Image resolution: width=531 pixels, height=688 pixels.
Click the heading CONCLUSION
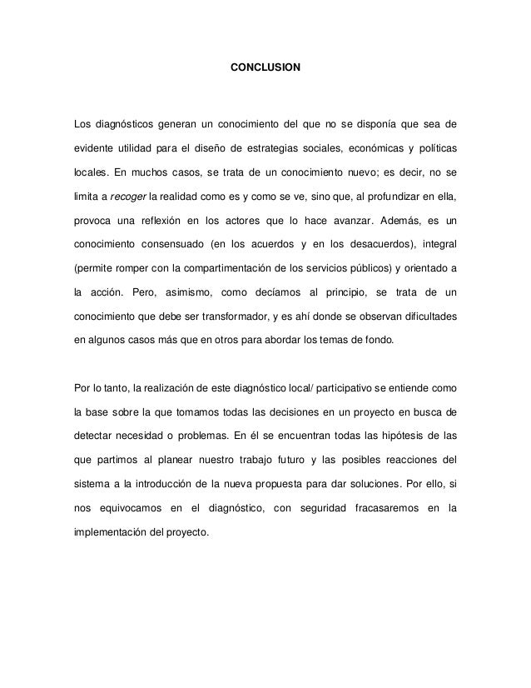click(265, 64)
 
